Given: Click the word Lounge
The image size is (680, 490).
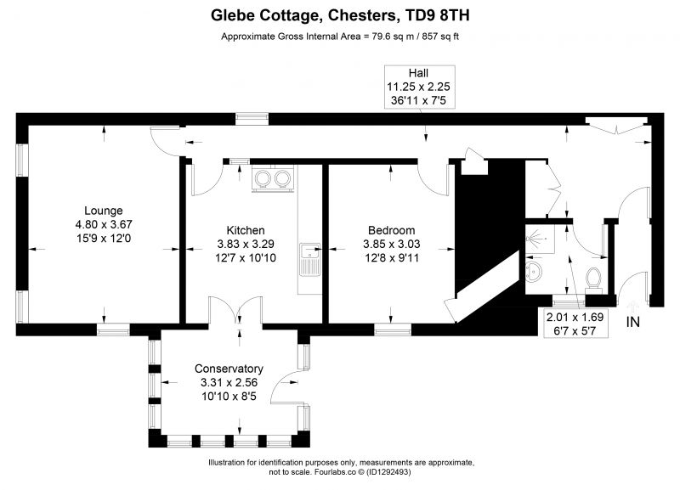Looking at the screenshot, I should click(104, 211).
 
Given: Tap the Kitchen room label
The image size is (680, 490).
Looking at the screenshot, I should click(246, 230).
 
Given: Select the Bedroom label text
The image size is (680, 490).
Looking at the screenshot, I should click(391, 230).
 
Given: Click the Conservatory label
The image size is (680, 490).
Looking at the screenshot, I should click(229, 369).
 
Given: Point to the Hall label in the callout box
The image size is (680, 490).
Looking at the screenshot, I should click(422, 73).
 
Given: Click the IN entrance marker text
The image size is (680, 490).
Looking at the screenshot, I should click(633, 322).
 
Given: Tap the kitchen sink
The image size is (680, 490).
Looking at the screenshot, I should click(311, 251).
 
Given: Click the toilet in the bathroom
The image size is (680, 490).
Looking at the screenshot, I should click(595, 277).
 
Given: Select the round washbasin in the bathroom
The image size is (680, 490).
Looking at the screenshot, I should click(536, 273).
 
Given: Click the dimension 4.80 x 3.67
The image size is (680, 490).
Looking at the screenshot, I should click(104, 224).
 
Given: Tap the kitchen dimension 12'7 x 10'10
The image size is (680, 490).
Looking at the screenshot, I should click(246, 258).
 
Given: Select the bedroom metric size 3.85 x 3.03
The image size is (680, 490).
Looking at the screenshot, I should click(391, 244).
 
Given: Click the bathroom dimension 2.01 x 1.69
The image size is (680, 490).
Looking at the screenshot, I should click(574, 317).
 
